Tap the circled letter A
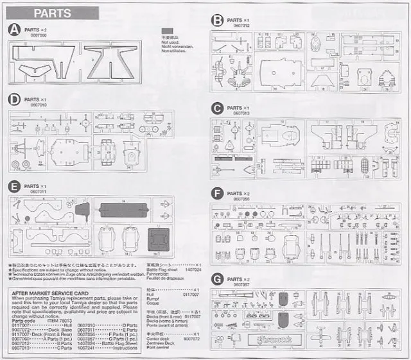(x=14, y=30)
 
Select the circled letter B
(x=218, y=21)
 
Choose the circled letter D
(x=14, y=101)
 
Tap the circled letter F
(x=218, y=193)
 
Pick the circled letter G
(x=218, y=279)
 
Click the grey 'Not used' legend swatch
(x=168, y=31)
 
